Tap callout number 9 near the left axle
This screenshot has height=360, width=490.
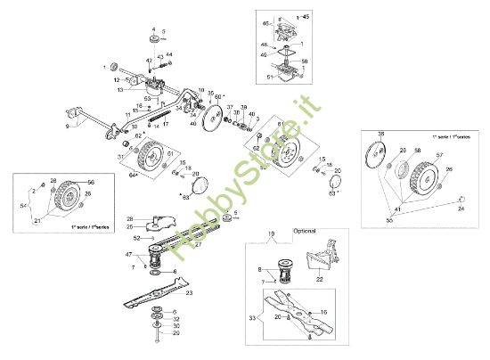point(66,127)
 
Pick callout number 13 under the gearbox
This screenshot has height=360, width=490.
point(118,90)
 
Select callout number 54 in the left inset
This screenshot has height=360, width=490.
point(24,206)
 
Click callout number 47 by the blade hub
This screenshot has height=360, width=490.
point(131,255)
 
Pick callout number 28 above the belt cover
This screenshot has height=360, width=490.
point(129,218)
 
